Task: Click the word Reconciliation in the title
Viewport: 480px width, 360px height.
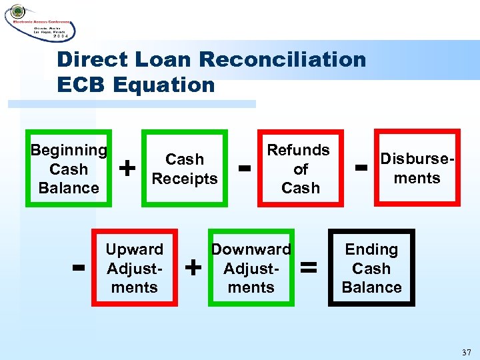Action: (282, 59)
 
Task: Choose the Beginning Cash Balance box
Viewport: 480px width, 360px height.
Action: (69, 169)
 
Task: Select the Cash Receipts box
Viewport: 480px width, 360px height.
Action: (185, 169)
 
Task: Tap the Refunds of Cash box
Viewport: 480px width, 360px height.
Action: (299, 169)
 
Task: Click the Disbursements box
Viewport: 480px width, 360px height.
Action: (417, 169)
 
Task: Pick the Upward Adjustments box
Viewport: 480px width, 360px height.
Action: (135, 268)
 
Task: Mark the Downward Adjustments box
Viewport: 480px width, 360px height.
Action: (251, 268)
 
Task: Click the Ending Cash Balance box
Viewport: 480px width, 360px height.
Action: (371, 268)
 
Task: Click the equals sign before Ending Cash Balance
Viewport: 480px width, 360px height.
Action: (309, 268)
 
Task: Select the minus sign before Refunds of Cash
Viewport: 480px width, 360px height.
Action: (245, 167)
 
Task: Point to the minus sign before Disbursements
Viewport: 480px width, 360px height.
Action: (361, 167)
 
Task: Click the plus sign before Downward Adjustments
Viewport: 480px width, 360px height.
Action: (193, 268)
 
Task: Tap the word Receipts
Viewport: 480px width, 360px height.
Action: (185, 179)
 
